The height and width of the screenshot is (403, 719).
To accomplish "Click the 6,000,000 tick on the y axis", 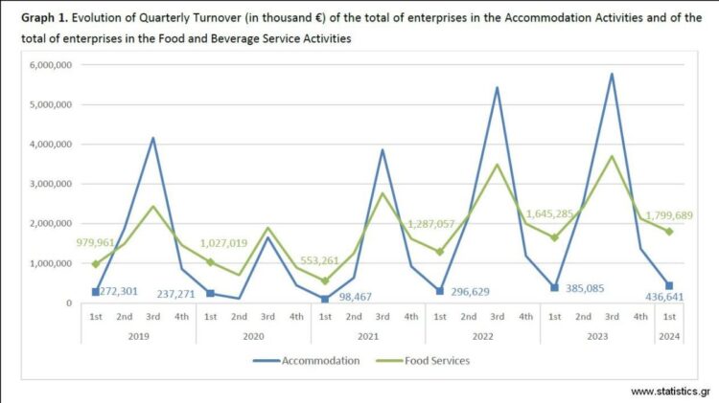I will pos(53,65).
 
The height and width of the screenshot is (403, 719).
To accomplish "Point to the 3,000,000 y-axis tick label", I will pos(53,184).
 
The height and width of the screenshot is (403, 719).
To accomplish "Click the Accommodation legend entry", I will pos(306,361).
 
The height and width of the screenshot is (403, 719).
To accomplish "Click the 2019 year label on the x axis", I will pos(138,335).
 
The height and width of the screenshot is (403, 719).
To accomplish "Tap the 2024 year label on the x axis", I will pos(670,335).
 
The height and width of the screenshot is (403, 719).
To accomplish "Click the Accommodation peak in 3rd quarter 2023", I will pos(613,74).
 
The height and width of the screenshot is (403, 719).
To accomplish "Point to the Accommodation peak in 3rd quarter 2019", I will pos(152,138).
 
